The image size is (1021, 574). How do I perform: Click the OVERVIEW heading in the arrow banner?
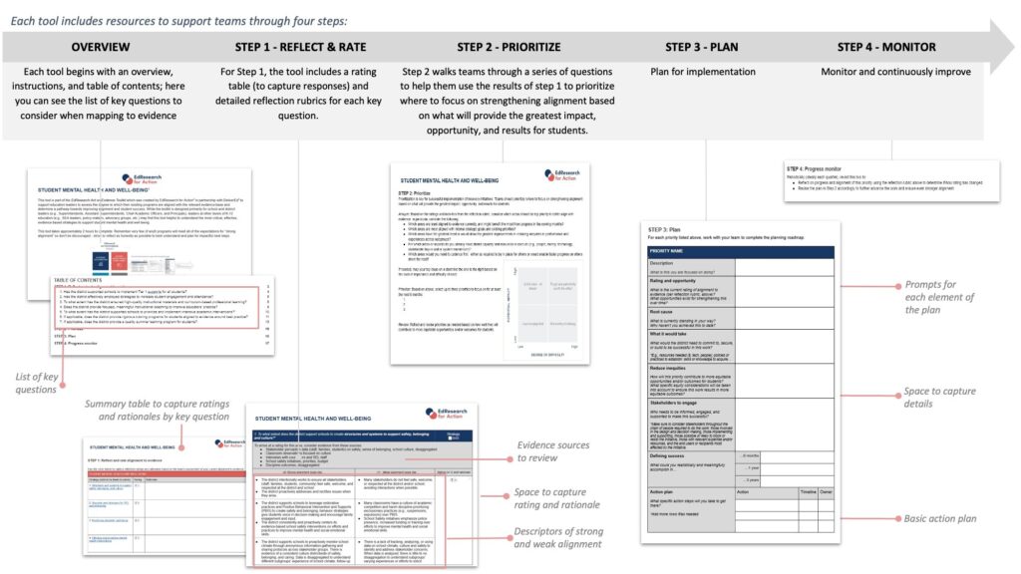[100, 47]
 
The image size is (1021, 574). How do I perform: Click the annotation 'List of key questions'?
[36, 383]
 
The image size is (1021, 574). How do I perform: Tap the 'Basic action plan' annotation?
[939, 518]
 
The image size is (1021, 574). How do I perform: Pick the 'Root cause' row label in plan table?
[664, 310]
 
